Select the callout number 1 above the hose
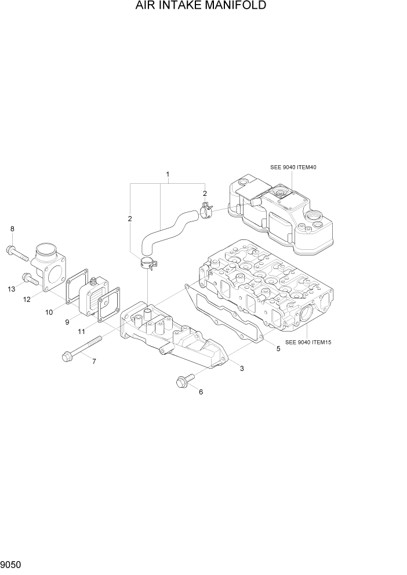pos(168,174)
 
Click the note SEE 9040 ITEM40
pos(293,167)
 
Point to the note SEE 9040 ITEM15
pos(308,342)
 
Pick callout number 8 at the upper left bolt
pos(12,230)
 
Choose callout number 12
pos(27,299)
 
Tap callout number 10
pos(49,312)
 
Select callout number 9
pos(67,322)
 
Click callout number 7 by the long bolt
pos(94,362)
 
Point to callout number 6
pos(201,392)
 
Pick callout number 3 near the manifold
pos(241,368)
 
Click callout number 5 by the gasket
pos(278,349)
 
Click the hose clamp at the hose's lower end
pos(148,265)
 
